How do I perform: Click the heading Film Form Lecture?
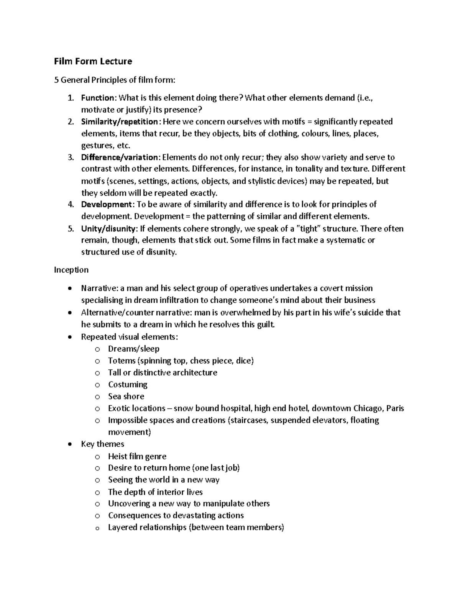(93, 61)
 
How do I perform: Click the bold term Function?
(97, 98)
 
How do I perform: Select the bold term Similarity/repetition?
(119, 121)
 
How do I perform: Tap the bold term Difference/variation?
(119, 157)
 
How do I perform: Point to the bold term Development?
(106, 204)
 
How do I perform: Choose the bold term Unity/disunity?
(108, 229)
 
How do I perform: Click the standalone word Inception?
(71, 270)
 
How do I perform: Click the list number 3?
(70, 157)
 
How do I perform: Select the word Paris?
(395, 408)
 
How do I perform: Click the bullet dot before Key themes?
(69, 444)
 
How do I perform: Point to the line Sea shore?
(126, 396)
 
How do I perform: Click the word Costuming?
(128, 384)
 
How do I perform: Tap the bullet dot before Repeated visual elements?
(69, 337)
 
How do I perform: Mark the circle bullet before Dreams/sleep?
(97, 349)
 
